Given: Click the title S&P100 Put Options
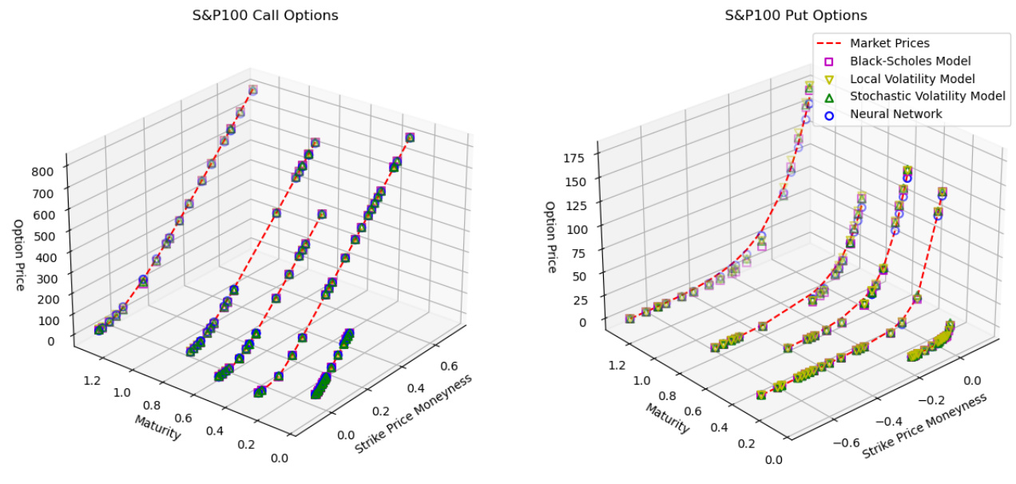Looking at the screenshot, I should [x=796, y=15].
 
